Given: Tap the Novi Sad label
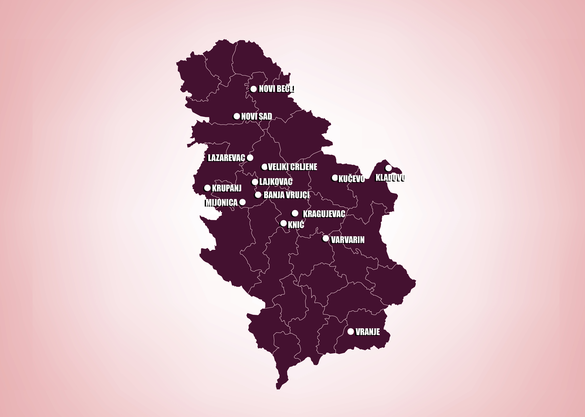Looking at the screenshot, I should tap(256, 117).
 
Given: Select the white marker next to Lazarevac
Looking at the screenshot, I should tap(250, 157).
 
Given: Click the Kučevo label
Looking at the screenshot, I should tap(351, 179).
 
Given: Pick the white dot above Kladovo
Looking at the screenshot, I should tap(389, 168).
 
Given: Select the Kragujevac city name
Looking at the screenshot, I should tap(324, 214).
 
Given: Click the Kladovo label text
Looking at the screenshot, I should tap(390, 178).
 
